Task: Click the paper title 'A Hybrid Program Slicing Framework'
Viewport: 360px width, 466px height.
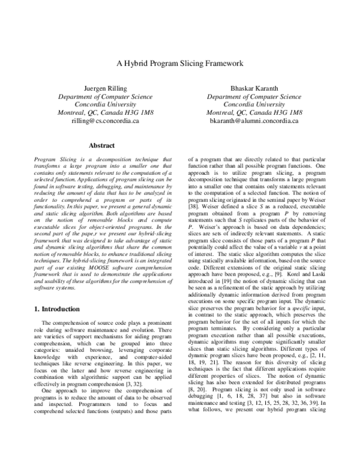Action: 180,62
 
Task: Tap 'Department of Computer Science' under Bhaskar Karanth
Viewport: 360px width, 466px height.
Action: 254,96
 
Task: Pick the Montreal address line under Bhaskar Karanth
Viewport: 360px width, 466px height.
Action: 254,112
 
